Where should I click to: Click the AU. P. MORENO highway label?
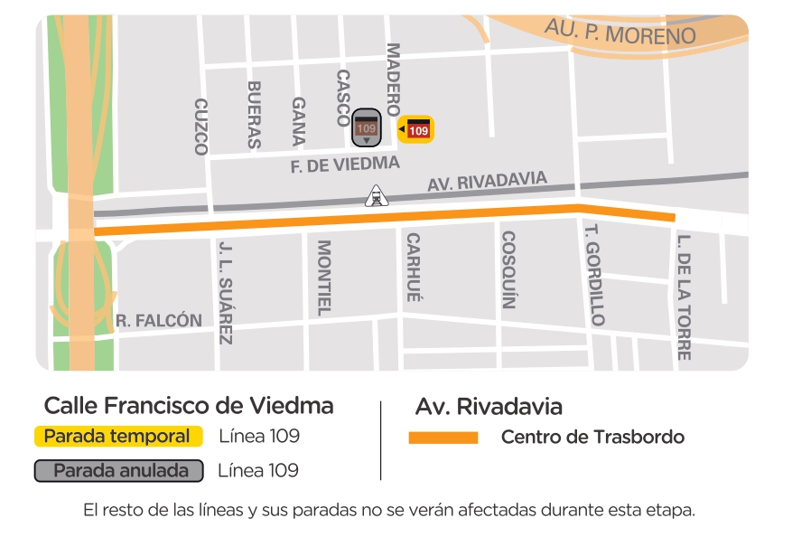(620, 32)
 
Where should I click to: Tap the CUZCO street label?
(200, 127)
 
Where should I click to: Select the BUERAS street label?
(254, 115)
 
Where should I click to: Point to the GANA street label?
(299, 122)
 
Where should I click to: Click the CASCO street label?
(342, 98)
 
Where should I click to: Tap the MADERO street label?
(393, 80)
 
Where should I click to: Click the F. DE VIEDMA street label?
(345, 165)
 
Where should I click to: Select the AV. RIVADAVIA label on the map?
(488, 183)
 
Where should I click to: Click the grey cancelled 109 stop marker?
(366, 128)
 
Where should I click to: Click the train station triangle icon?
(375, 194)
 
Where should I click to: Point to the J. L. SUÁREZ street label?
(226, 292)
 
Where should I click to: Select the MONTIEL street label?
(323, 278)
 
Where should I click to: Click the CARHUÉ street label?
(413, 267)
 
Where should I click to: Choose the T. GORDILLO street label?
(594, 275)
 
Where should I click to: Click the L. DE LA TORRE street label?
(684, 297)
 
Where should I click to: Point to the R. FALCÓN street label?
(159, 321)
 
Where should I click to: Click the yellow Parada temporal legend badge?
(117, 437)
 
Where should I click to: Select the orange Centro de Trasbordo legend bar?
(443, 438)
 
